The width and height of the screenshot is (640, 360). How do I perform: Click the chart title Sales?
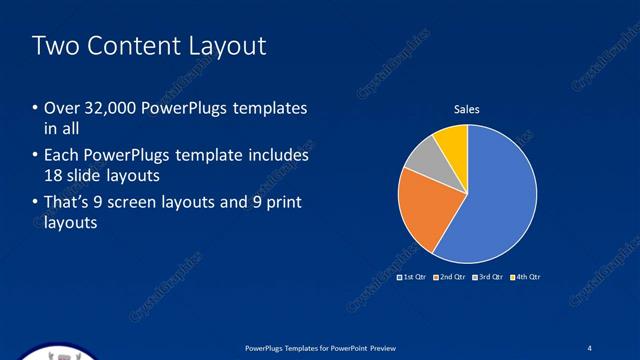[467, 109]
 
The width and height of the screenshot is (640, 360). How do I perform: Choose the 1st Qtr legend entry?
[412, 276]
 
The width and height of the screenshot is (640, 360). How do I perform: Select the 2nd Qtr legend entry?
[449, 276]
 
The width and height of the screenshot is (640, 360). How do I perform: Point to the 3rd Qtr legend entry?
[487, 276]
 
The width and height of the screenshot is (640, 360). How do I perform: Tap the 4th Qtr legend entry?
[525, 276]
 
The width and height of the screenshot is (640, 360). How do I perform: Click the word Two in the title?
[52, 46]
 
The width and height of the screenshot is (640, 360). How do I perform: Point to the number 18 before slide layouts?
[54, 174]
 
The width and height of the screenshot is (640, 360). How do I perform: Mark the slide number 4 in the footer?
[590, 347]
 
